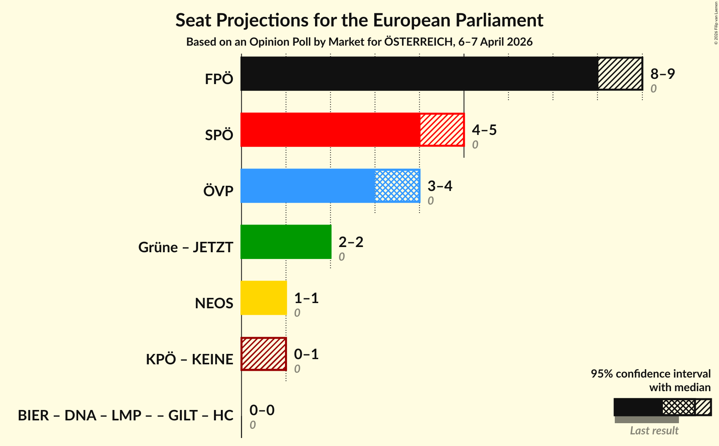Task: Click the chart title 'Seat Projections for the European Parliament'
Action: click(359, 20)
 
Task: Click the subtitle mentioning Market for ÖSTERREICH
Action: click(359, 42)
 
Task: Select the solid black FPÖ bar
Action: click(419, 74)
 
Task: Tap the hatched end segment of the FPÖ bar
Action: click(620, 74)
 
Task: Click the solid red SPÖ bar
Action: click(330, 130)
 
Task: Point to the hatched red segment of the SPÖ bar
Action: click(442, 130)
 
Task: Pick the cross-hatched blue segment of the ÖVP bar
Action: click(397, 186)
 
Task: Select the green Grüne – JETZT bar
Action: click(286, 242)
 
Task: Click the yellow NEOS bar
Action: click(264, 298)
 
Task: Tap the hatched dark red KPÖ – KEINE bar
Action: click(264, 354)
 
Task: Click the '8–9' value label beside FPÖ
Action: click(662, 74)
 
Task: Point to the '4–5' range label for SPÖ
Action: click(484, 130)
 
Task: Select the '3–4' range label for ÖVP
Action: click(440, 186)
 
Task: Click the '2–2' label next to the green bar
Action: click(351, 242)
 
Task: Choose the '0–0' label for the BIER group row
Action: click(262, 410)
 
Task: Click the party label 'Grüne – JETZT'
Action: click(186, 247)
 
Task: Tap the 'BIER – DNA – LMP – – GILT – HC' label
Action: click(125, 415)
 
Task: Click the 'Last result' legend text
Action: click(654, 430)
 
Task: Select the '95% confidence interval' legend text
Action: click(650, 374)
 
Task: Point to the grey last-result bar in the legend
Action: click(646, 420)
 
